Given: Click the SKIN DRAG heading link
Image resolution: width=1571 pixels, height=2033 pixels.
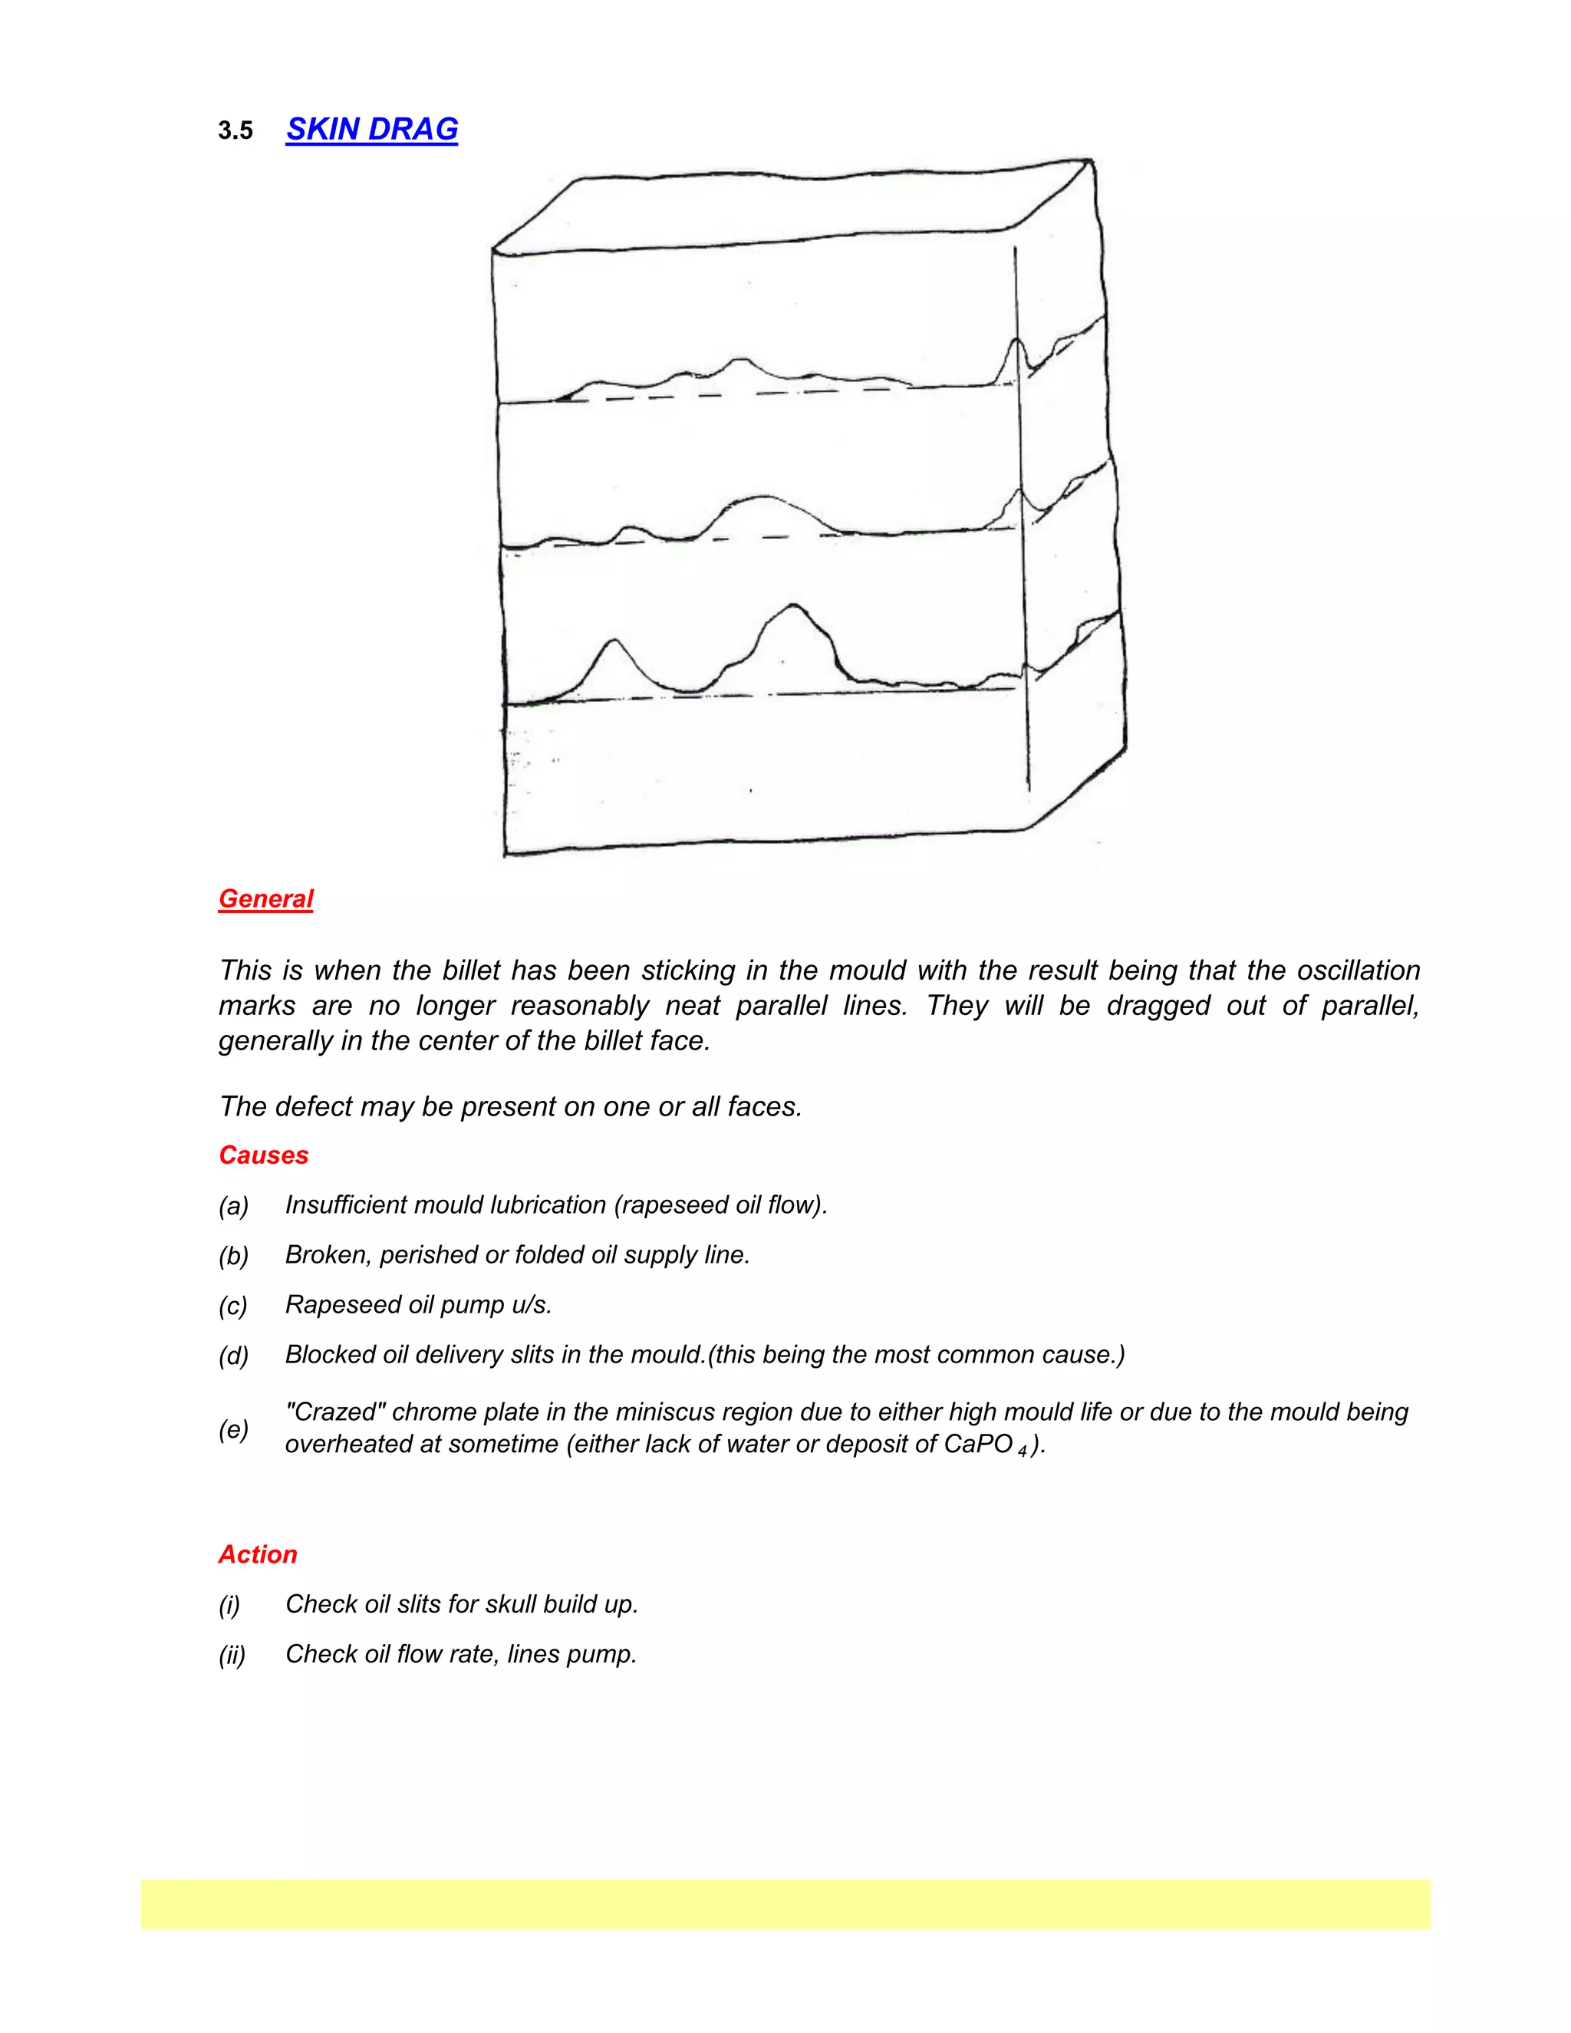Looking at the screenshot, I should tap(371, 130).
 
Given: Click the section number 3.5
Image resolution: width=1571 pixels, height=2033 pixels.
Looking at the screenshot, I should tap(235, 131).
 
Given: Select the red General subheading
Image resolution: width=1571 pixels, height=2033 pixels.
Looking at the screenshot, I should tap(265, 899).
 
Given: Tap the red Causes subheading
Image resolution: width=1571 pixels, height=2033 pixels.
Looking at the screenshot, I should tap(263, 1155).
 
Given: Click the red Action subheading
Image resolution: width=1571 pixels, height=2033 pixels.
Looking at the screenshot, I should tap(258, 1554).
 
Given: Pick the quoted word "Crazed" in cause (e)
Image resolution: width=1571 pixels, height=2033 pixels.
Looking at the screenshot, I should tap(335, 1412).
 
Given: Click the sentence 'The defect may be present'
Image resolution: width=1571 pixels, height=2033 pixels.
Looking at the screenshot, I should tap(510, 1107).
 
